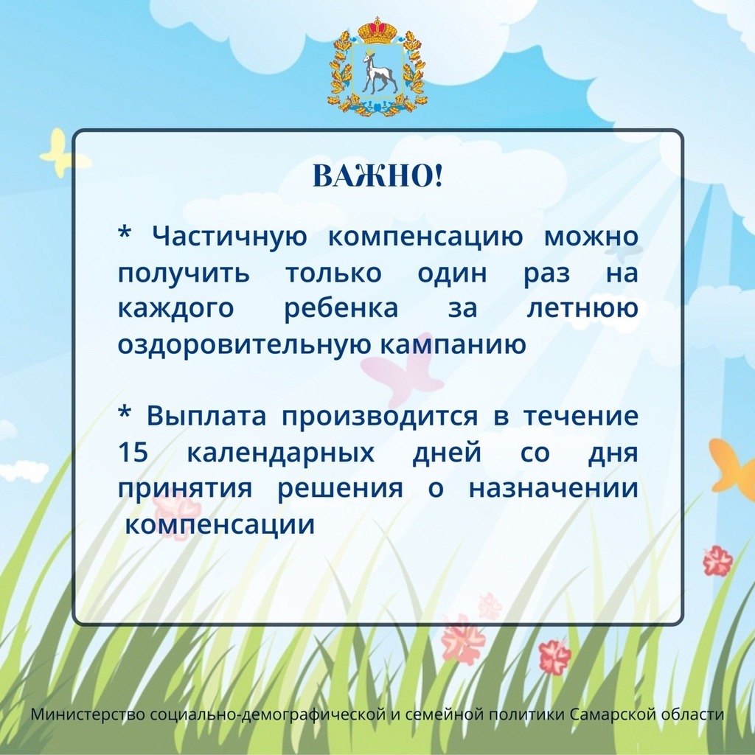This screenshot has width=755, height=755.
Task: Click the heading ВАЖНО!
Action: (377, 176)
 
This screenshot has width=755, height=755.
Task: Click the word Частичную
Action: (230, 237)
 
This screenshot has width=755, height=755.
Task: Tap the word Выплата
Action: (206, 417)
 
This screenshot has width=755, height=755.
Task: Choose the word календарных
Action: (280, 453)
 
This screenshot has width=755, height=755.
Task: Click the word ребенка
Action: (341, 308)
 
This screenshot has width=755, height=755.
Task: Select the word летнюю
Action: (582, 309)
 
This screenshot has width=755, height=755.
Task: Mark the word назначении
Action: (554, 489)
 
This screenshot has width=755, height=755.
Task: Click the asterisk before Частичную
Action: (124, 232)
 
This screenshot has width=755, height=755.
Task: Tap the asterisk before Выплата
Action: (124, 412)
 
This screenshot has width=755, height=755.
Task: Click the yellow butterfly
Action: (63, 153)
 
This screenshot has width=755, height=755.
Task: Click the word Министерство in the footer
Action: (88, 714)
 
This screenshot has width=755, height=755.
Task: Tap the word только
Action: (334, 274)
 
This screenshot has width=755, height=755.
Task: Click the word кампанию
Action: (453, 345)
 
